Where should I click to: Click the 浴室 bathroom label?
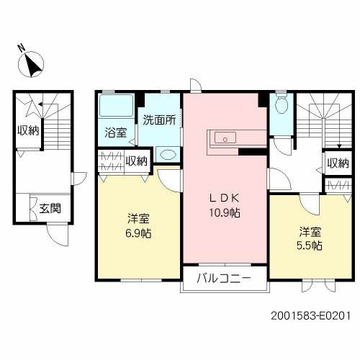point(116,132)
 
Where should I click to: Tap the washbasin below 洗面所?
point(167,154)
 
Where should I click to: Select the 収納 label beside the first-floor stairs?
point(29,130)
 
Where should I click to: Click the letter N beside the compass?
point(22,48)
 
